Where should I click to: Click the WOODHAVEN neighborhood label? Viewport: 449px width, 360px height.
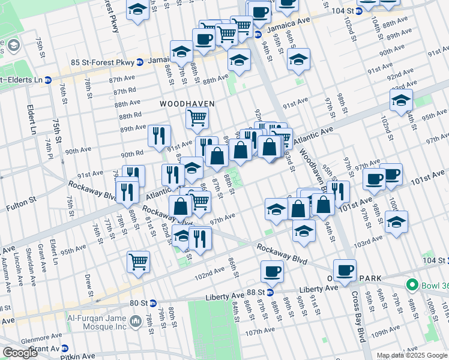pyautogui.click(x=187, y=104)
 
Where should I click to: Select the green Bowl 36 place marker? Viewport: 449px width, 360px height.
pyautogui.click(x=412, y=284)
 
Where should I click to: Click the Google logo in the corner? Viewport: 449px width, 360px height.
pyautogui.click(x=20, y=353)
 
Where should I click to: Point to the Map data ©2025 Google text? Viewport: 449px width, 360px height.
pyautogui.click(x=412, y=355)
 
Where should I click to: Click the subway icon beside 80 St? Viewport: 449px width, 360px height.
pyautogui.click(x=152, y=303)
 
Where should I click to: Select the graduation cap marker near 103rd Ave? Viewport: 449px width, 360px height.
pyautogui.click(x=396, y=221)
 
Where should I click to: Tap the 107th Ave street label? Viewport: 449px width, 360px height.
pyautogui.click(x=259, y=331)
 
